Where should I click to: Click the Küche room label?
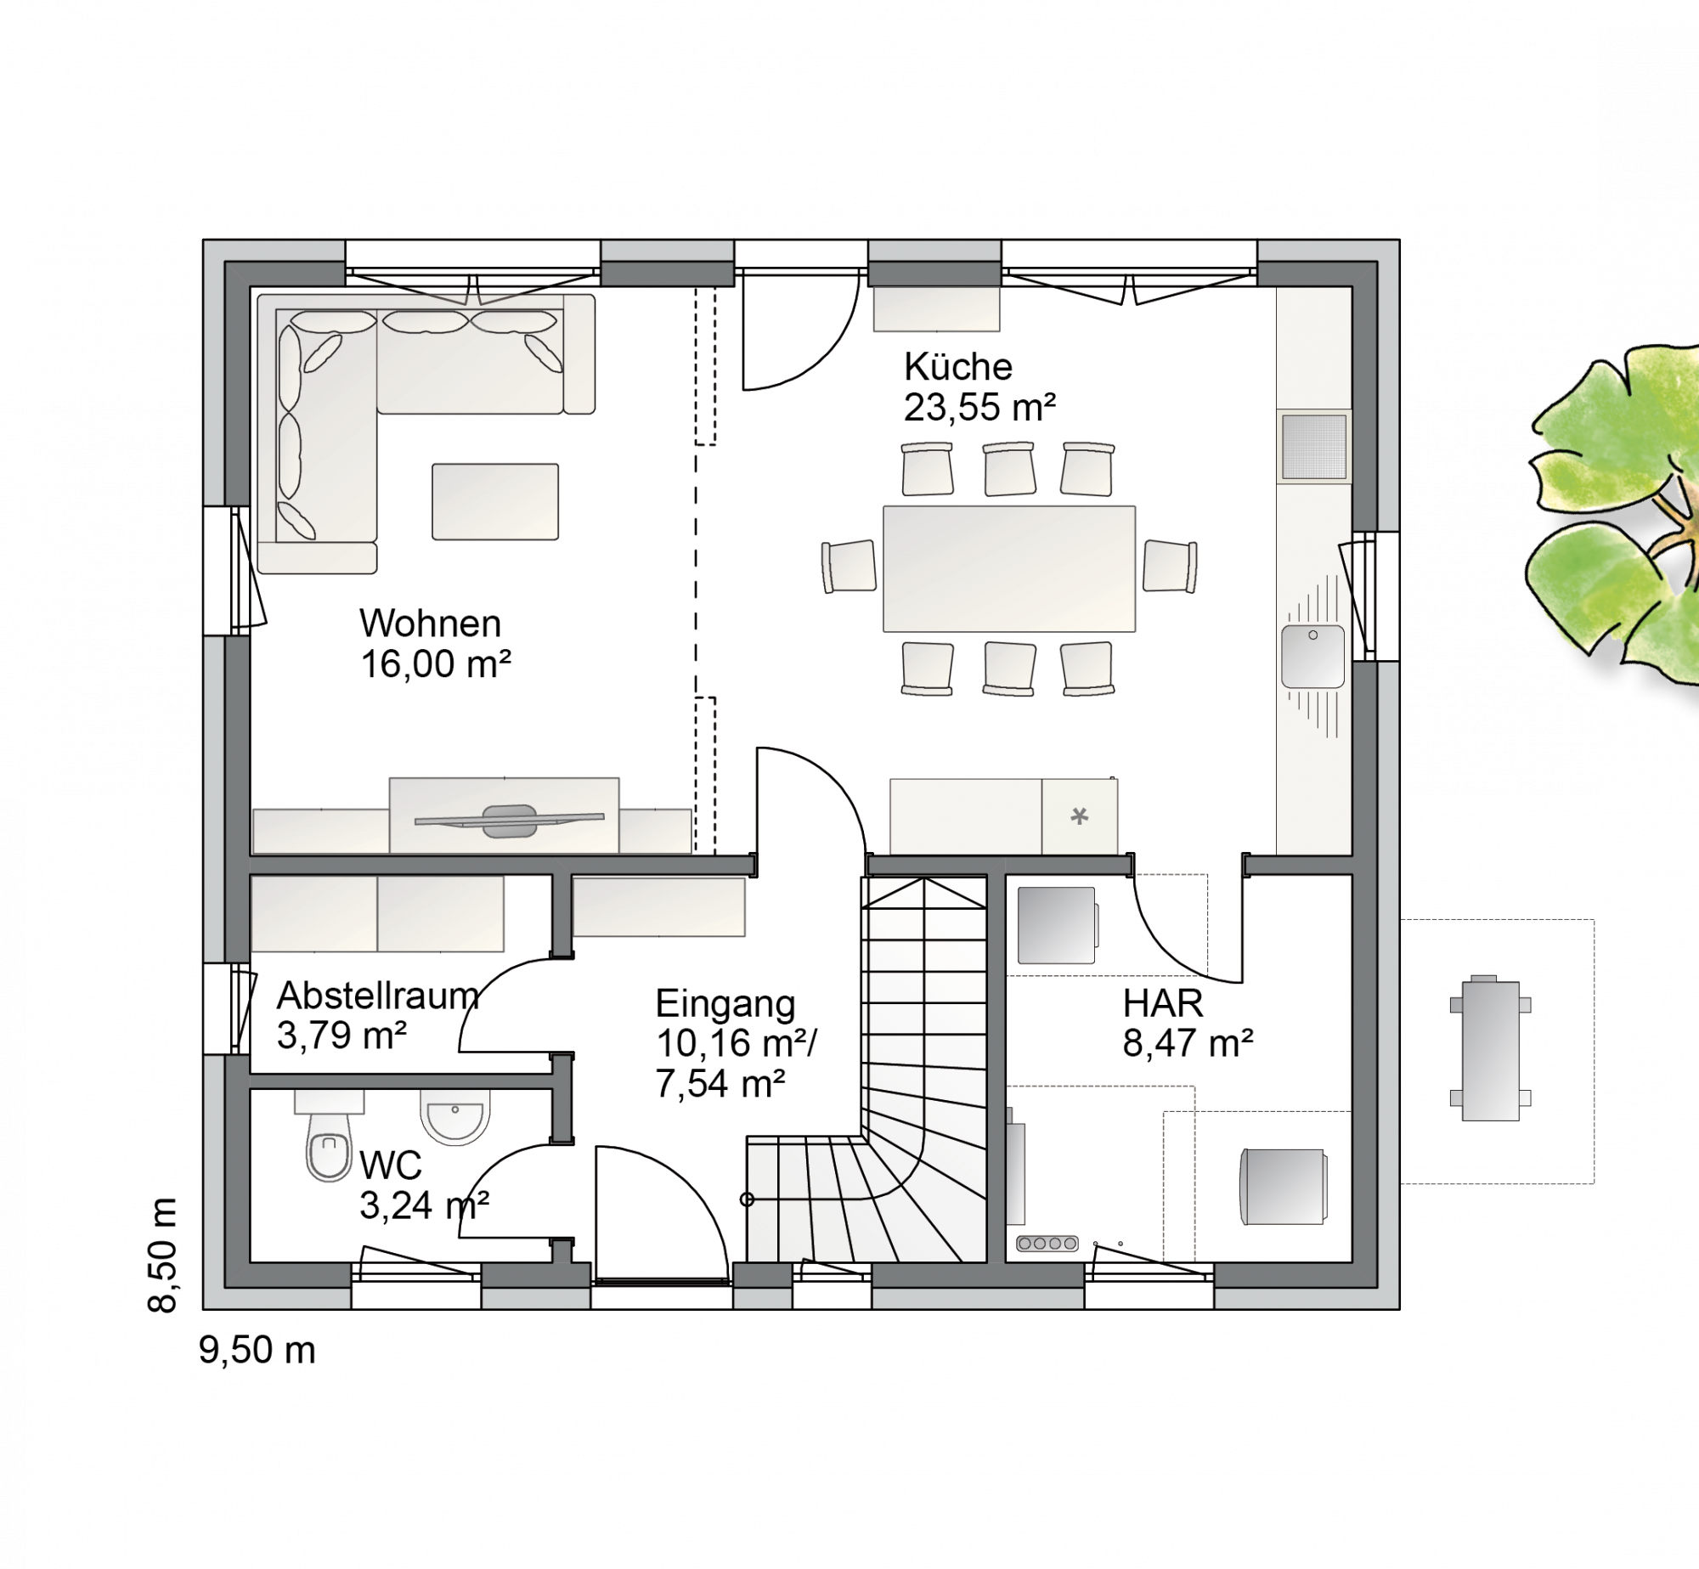click(x=958, y=367)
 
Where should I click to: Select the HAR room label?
click(x=1163, y=1004)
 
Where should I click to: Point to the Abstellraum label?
click(x=378, y=995)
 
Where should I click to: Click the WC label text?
click(x=391, y=1165)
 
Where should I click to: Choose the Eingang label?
click(x=725, y=1004)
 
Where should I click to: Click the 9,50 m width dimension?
click(x=257, y=1350)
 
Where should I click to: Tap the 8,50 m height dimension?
click(x=162, y=1255)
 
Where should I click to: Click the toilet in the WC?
click(x=330, y=1136)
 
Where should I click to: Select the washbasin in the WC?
click(x=455, y=1115)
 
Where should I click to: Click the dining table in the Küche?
click(x=1009, y=569)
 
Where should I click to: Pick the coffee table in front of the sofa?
click(x=495, y=501)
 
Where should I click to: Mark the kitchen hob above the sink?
click(x=1313, y=447)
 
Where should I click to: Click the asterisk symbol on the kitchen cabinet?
click(x=1080, y=816)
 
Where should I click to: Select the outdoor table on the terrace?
click(x=1491, y=1051)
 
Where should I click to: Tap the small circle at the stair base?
click(x=748, y=1199)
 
